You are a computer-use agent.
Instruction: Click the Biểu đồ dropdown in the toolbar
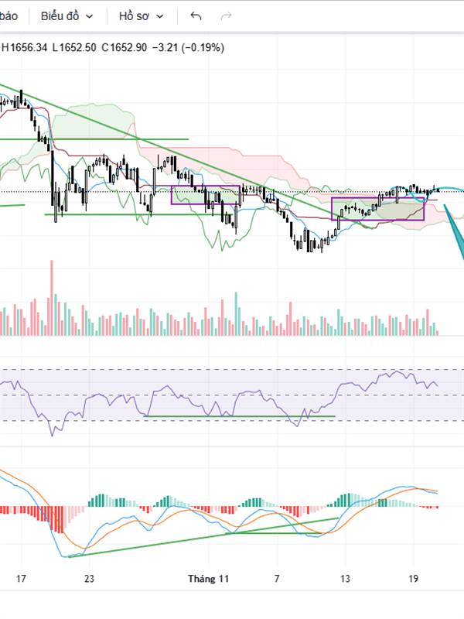(x=67, y=15)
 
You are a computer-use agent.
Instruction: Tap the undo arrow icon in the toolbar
(x=196, y=15)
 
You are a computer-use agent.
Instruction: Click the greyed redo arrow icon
(x=227, y=15)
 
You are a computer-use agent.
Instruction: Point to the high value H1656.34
(x=25, y=47)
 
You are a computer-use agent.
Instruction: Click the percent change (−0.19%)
(x=201, y=47)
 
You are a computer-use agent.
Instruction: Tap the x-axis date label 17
(x=21, y=578)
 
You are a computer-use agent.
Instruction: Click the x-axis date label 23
(x=89, y=578)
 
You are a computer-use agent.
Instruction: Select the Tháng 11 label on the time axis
(x=209, y=578)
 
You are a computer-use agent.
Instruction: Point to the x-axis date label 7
(x=276, y=578)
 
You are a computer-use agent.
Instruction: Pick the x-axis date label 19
(x=413, y=578)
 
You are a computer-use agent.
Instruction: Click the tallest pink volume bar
(x=53, y=298)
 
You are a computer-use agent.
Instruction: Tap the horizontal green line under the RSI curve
(x=240, y=416)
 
